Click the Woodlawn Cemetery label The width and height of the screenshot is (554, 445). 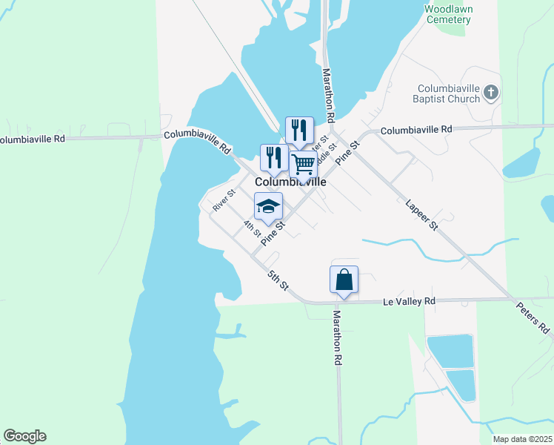[x=449, y=14]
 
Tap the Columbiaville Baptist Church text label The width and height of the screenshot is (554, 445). [x=448, y=93]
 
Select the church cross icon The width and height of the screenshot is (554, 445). [x=490, y=93]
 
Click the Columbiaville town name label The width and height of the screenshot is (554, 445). [x=291, y=182]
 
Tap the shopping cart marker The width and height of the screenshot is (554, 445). [x=304, y=165]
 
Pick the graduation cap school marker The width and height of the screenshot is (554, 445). [x=268, y=207]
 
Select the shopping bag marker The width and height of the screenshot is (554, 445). [x=344, y=280]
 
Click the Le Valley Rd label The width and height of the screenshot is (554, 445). [x=409, y=302]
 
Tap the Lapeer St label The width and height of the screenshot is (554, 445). [x=422, y=214]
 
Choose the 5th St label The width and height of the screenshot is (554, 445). [x=278, y=281]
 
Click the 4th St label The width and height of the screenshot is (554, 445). [x=252, y=227]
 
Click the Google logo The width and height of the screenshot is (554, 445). [x=24, y=436]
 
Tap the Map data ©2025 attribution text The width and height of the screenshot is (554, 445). [x=521, y=439]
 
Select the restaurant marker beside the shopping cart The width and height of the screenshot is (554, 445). [x=298, y=131]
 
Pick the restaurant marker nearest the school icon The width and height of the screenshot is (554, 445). [x=274, y=158]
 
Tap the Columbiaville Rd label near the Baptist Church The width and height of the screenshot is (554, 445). [x=415, y=130]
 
